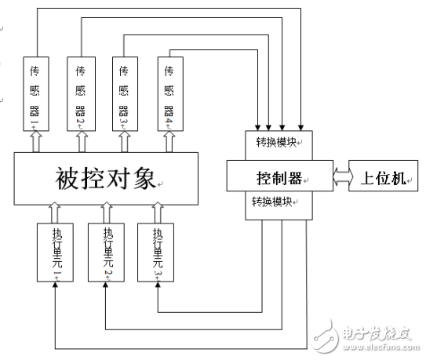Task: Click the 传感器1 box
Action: click(35, 94)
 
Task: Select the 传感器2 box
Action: click(80, 94)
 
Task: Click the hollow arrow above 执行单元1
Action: click(55, 211)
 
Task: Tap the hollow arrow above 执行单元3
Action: click(157, 211)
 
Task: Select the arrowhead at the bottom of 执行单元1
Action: click(55, 285)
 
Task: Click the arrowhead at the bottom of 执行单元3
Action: click(157, 285)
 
